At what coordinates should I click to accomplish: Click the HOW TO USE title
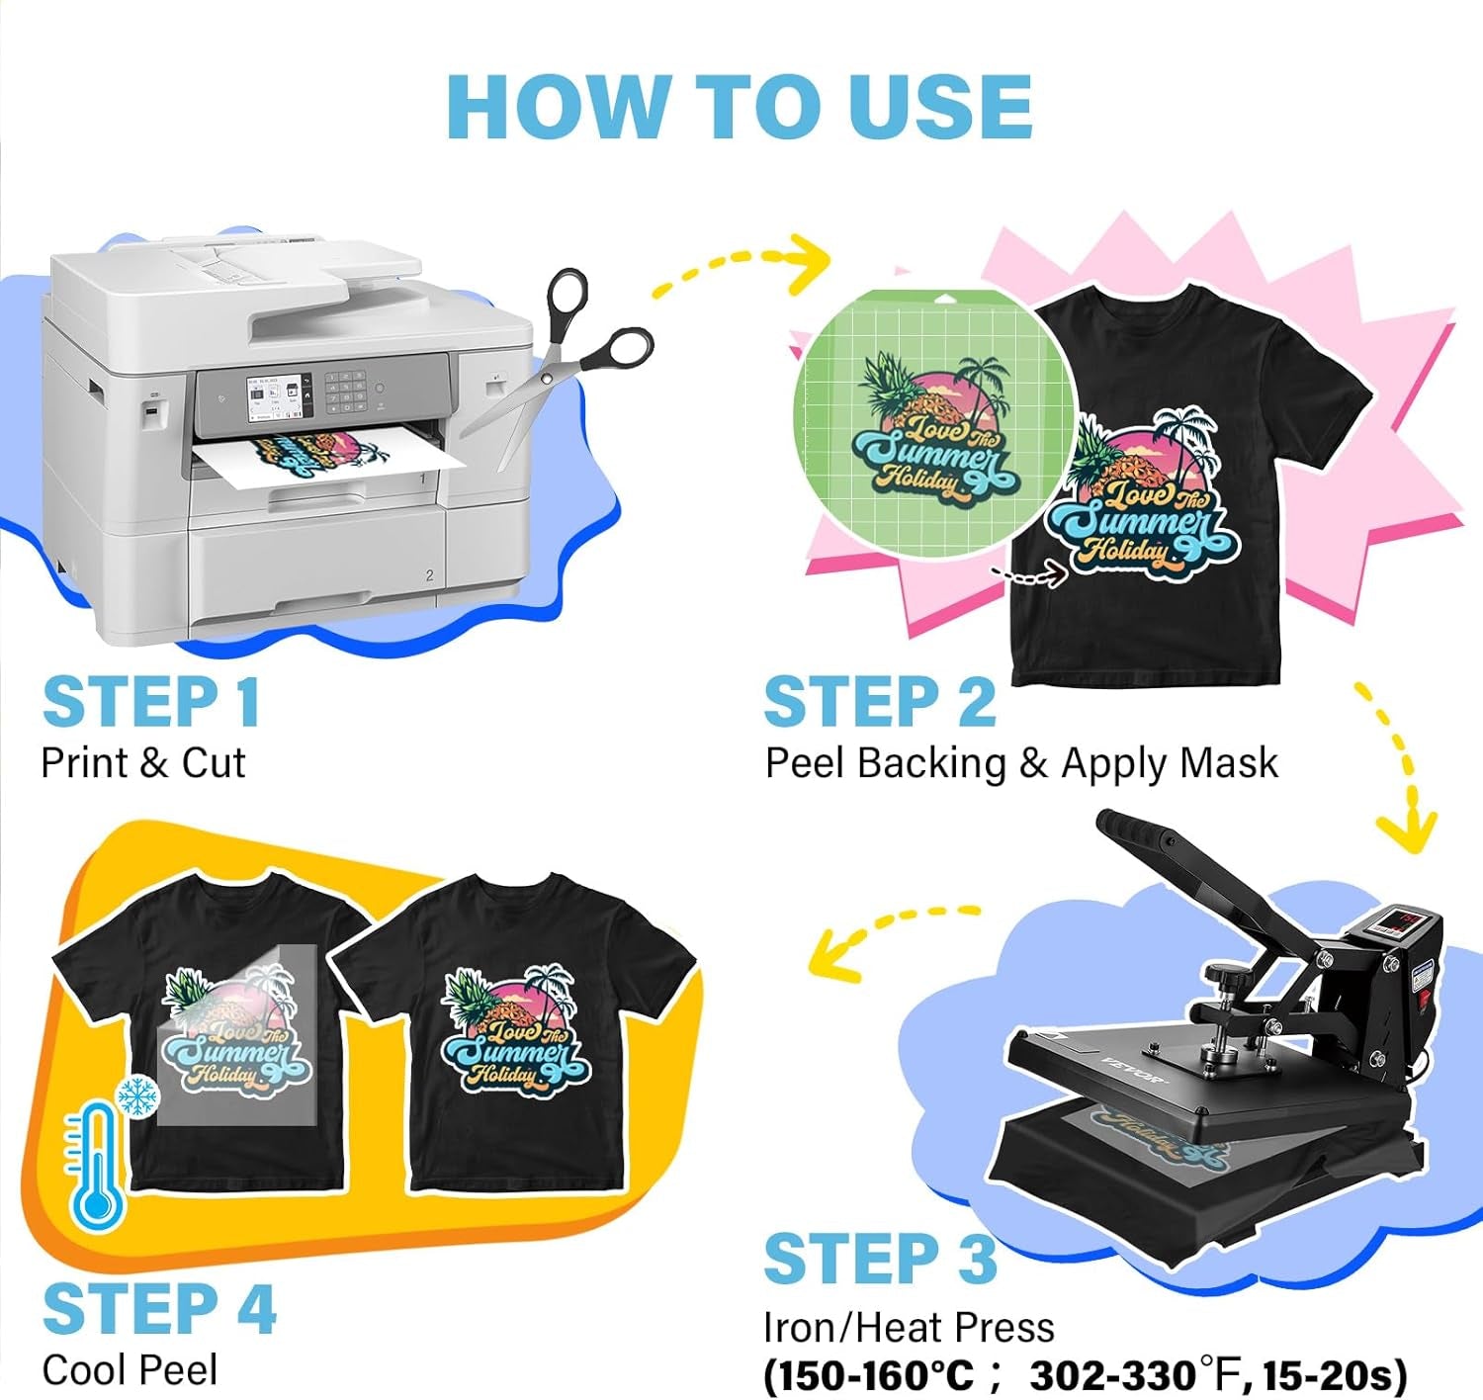click(x=740, y=107)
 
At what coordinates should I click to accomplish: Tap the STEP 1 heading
click(x=151, y=703)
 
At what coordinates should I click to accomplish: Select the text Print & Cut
click(x=142, y=763)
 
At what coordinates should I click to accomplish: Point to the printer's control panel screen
click(x=278, y=394)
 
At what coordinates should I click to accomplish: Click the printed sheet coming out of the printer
click(x=326, y=461)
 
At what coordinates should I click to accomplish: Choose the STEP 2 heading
click(x=880, y=703)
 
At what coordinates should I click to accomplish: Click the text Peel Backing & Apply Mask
click(x=1021, y=763)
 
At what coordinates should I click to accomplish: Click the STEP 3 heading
click(x=880, y=1259)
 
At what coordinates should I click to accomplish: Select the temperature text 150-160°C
click(x=869, y=1375)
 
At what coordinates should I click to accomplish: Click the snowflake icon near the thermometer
click(x=137, y=1096)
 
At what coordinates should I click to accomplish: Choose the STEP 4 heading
click(x=159, y=1309)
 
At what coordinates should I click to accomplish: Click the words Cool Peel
click(x=130, y=1370)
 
